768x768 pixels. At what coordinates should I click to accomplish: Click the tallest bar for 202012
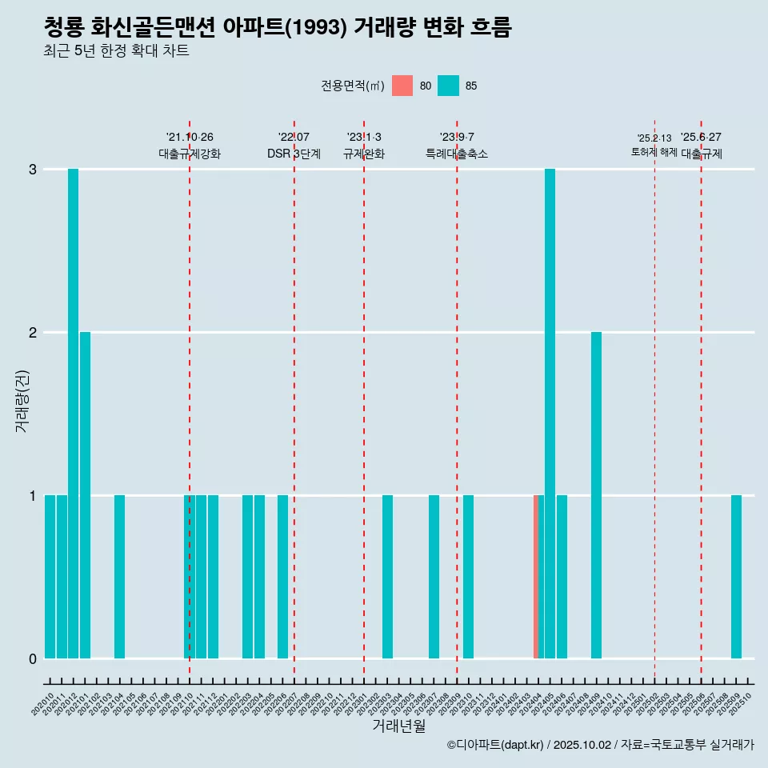73,414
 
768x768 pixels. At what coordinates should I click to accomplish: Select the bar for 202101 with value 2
85,495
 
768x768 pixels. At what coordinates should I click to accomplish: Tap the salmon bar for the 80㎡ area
536,577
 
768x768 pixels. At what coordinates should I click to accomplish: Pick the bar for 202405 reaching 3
550,414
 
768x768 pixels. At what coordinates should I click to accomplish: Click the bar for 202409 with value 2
596,495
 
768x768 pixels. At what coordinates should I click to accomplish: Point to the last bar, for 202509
736,577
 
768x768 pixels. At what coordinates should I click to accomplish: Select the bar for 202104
119,577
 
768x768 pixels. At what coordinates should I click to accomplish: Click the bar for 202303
387,577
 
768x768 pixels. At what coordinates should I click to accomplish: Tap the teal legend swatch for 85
448,86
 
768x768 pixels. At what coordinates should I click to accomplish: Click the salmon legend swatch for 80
402,86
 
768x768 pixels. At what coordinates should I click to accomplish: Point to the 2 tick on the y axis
33,332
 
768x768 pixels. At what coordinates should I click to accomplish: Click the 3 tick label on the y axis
33,169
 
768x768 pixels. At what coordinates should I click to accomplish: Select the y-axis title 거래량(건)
22,400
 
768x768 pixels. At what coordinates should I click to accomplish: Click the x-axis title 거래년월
398,726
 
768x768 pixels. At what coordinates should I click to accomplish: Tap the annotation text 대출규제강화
190,154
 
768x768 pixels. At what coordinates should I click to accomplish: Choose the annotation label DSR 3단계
294,154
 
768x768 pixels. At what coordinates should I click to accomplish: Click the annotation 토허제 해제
654,152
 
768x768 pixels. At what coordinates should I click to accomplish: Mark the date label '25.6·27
701,137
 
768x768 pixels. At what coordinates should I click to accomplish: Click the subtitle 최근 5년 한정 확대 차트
117,51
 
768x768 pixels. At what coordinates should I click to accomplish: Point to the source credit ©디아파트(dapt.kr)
495,745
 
